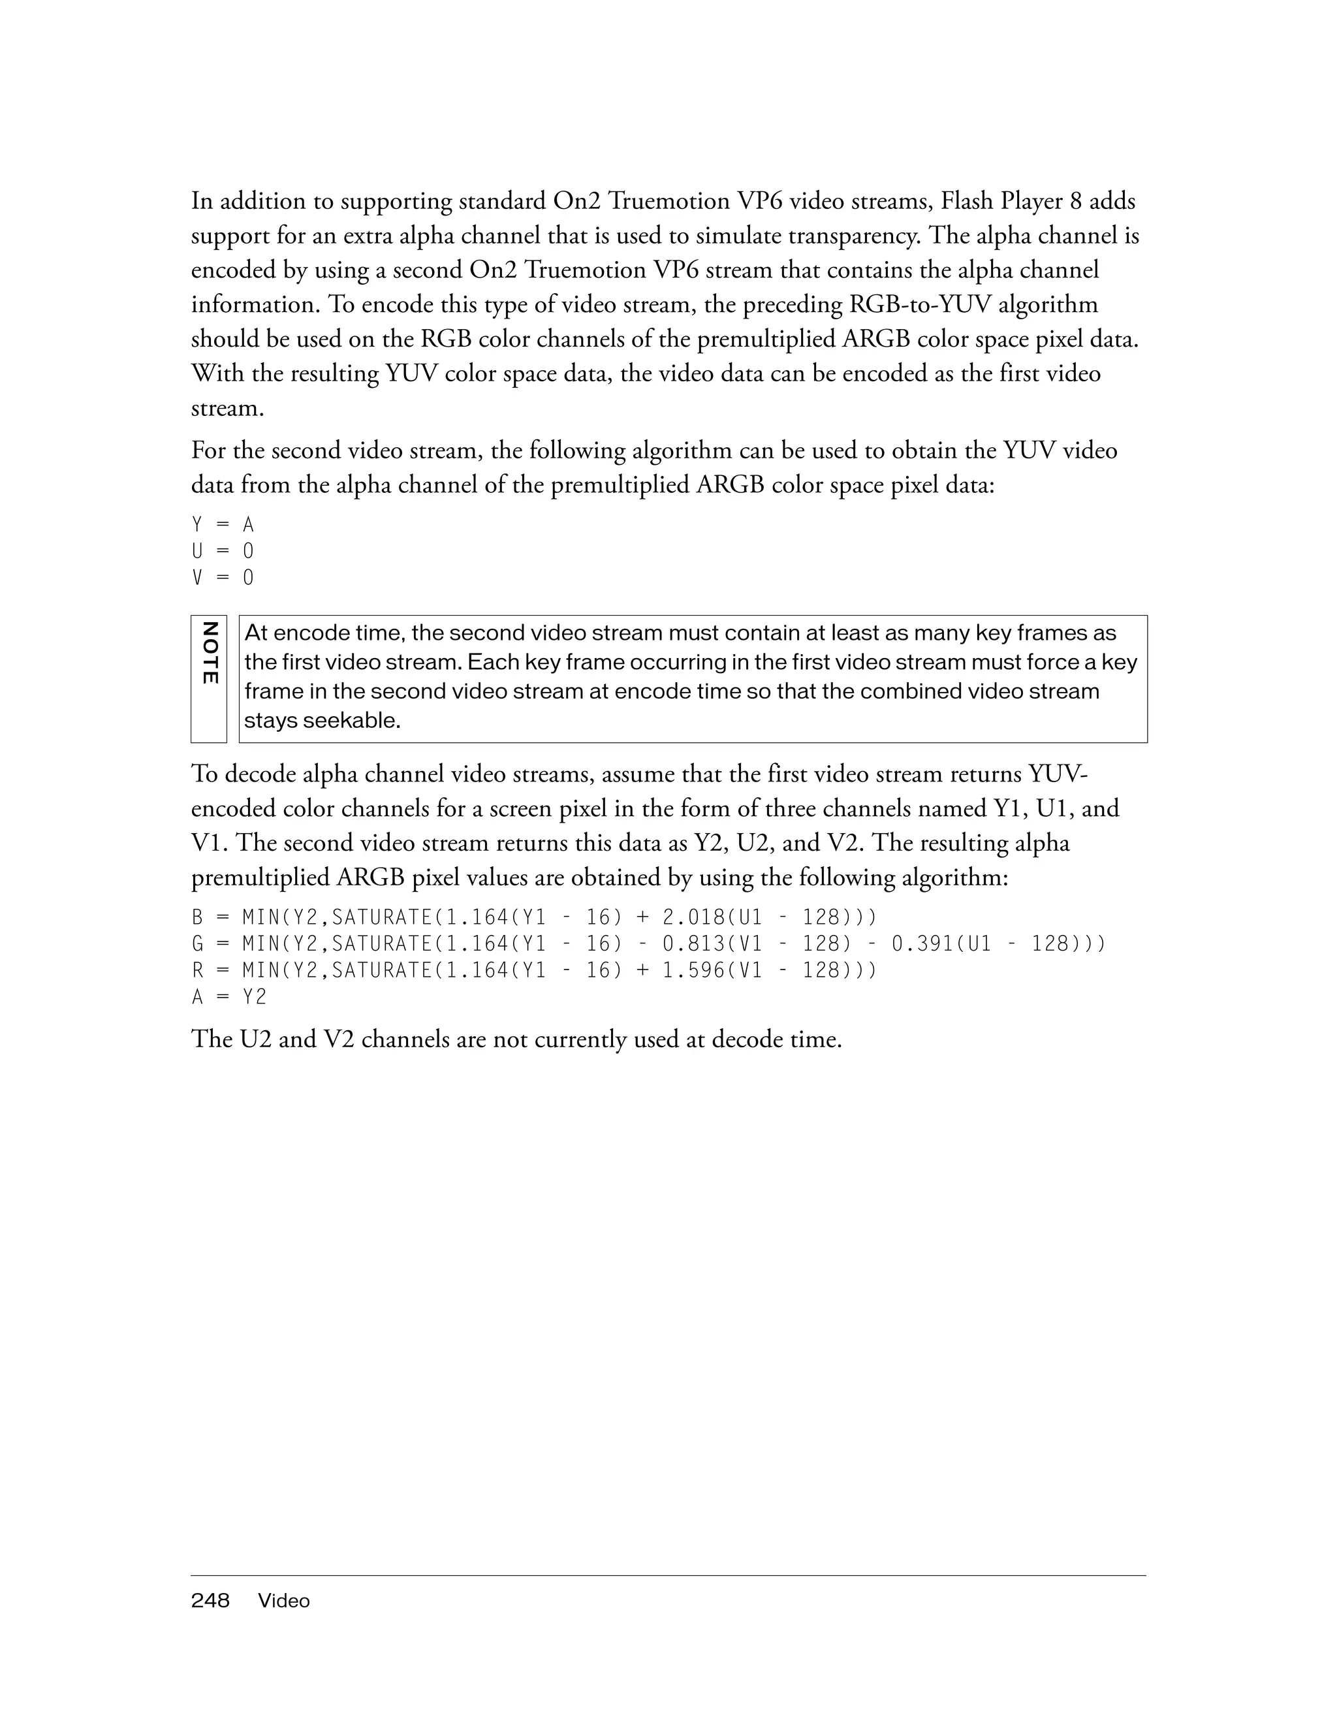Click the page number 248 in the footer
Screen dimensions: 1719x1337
(210, 1600)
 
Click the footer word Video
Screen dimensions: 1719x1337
(284, 1601)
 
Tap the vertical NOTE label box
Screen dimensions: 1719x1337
(208, 678)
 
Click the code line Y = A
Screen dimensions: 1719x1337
(223, 524)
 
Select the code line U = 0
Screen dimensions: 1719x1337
(223, 551)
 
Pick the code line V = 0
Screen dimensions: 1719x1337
(223, 578)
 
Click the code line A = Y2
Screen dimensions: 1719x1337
(229, 997)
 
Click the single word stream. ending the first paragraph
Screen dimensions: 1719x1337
(227, 409)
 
